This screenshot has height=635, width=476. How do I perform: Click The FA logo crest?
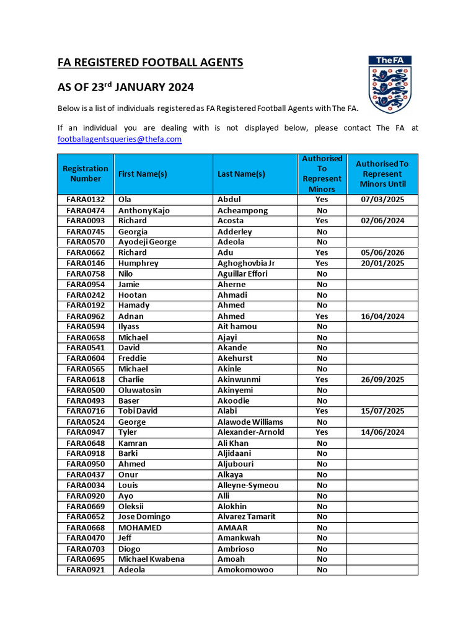pyautogui.click(x=390, y=84)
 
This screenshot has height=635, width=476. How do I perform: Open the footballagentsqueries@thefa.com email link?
pyautogui.click(x=120, y=140)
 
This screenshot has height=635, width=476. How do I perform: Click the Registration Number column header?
pyautogui.click(x=86, y=174)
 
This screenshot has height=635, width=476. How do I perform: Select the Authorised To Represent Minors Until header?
pyautogui.click(x=382, y=174)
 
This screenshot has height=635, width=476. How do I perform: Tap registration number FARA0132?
pyautogui.click(x=86, y=200)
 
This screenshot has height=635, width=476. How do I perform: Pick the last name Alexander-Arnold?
pyautogui.click(x=250, y=432)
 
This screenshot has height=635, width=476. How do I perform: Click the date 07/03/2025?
pyautogui.click(x=382, y=200)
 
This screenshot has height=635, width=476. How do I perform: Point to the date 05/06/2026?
pyautogui.click(x=382, y=252)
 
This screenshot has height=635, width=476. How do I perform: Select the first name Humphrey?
pyautogui.click(x=138, y=263)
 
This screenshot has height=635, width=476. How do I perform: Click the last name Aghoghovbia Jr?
pyautogui.click(x=246, y=263)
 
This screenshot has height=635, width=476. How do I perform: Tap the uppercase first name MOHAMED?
pyautogui.click(x=140, y=528)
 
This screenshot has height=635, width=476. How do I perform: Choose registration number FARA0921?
pyautogui.click(x=86, y=570)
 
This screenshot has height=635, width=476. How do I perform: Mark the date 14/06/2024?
pyautogui.click(x=382, y=432)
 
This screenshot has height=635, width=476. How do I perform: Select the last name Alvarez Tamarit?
pyautogui.click(x=247, y=517)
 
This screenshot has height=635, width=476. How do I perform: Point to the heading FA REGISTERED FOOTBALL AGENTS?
pyautogui.click(x=151, y=63)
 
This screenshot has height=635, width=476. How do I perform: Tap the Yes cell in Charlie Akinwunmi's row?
pyautogui.click(x=322, y=380)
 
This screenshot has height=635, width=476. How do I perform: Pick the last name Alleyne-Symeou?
pyautogui.click(x=248, y=485)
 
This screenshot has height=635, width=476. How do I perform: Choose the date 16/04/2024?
pyautogui.click(x=382, y=316)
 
